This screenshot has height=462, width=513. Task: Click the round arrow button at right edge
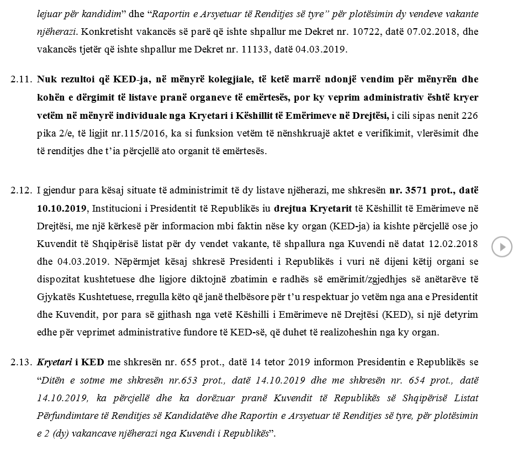point(502,246)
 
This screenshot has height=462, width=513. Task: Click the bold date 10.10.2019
point(61,208)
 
